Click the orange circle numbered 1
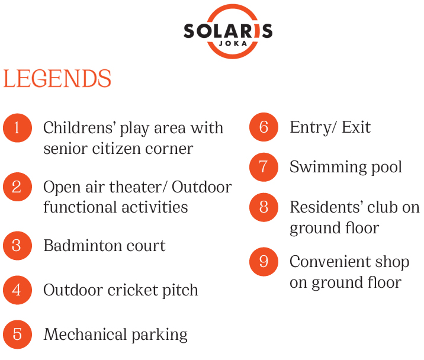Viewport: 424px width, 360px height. (x=18, y=128)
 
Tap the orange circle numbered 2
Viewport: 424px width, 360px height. (x=18, y=187)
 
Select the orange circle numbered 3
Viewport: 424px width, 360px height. (x=18, y=246)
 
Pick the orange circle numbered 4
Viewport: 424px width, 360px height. (x=18, y=290)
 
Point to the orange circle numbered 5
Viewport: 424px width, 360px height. (x=18, y=335)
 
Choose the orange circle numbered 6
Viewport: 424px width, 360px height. (x=264, y=127)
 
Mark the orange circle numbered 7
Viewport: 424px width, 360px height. (x=264, y=167)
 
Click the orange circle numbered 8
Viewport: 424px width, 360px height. (x=264, y=207)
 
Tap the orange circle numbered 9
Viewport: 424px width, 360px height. (x=264, y=262)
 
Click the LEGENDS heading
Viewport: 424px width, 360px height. (x=57, y=78)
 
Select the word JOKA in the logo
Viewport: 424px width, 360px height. (x=233, y=44)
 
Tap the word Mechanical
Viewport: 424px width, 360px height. (x=86, y=335)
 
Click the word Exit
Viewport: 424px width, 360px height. (x=356, y=127)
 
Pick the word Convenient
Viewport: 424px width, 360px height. (x=326, y=262)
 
